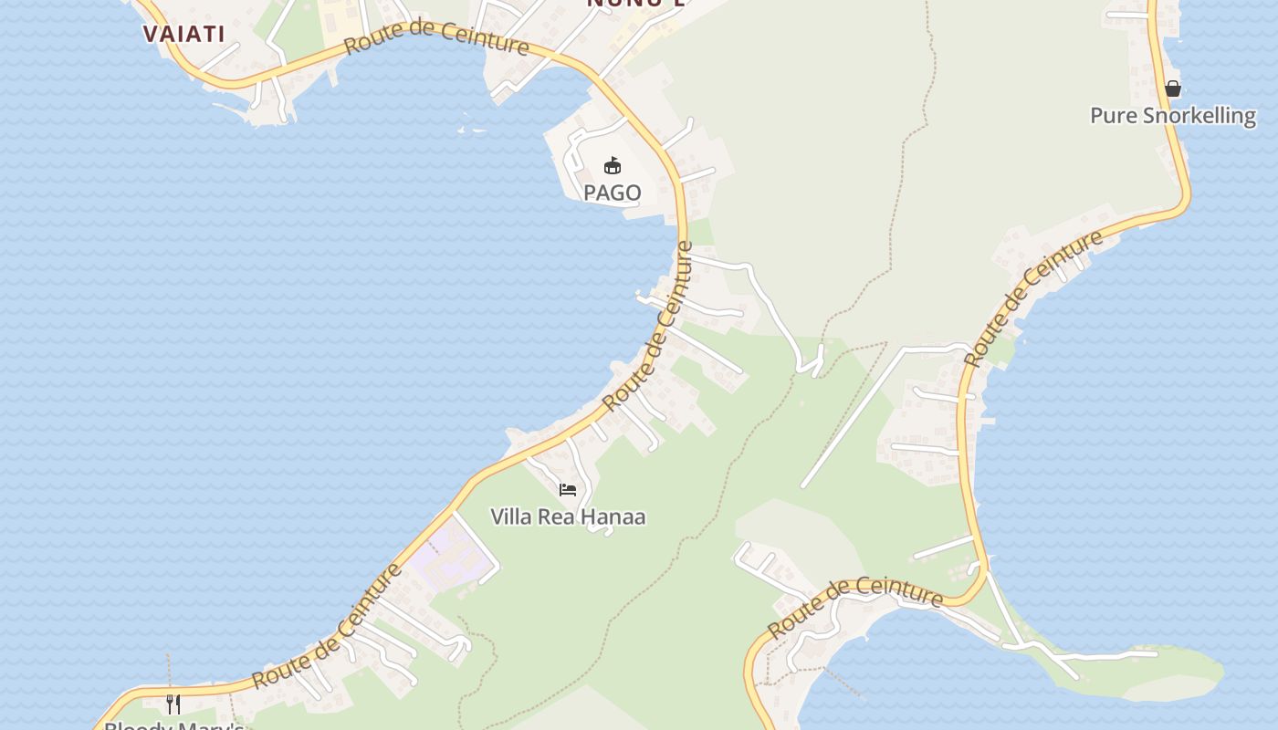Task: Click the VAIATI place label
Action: [183, 35]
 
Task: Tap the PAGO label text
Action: [612, 193]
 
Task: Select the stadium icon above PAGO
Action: [612, 166]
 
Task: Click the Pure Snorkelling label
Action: [1173, 116]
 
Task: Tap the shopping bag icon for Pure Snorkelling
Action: [1173, 89]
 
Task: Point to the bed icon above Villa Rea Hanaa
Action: [568, 490]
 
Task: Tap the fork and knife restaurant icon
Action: [173, 704]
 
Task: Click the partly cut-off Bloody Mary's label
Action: [173, 725]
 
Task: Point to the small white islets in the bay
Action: [472, 130]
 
